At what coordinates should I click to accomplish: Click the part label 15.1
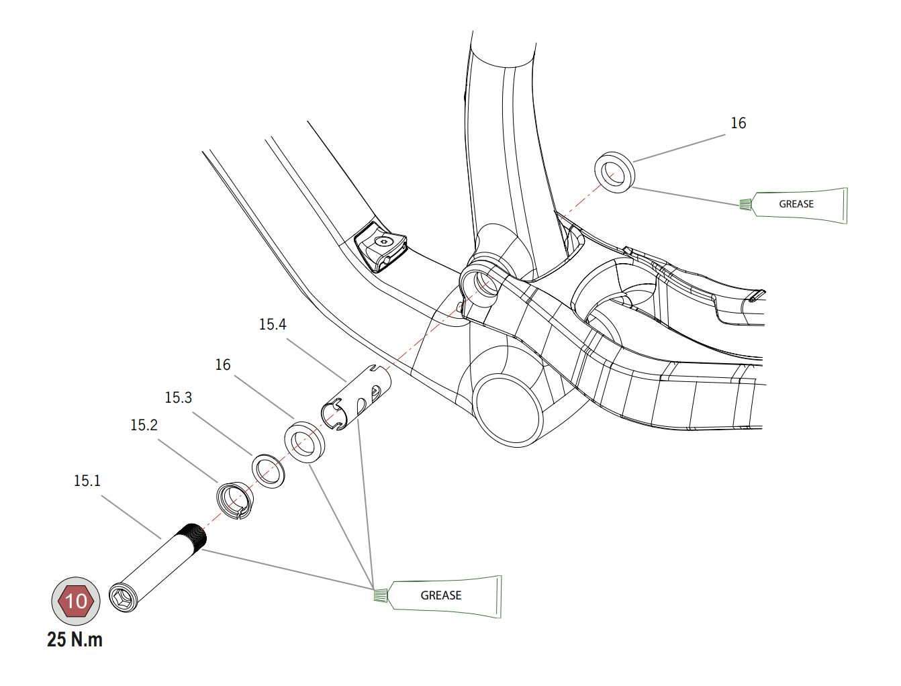87,481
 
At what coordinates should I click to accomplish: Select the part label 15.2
144,425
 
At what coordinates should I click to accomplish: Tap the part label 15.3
178,397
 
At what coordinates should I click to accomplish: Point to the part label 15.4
272,324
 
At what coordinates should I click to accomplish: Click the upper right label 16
738,123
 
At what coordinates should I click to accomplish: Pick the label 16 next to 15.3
222,364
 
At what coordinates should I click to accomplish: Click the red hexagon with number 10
76,600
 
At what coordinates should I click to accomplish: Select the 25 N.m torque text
75,639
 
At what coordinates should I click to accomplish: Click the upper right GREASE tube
798,204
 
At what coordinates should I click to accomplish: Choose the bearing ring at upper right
614,172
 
